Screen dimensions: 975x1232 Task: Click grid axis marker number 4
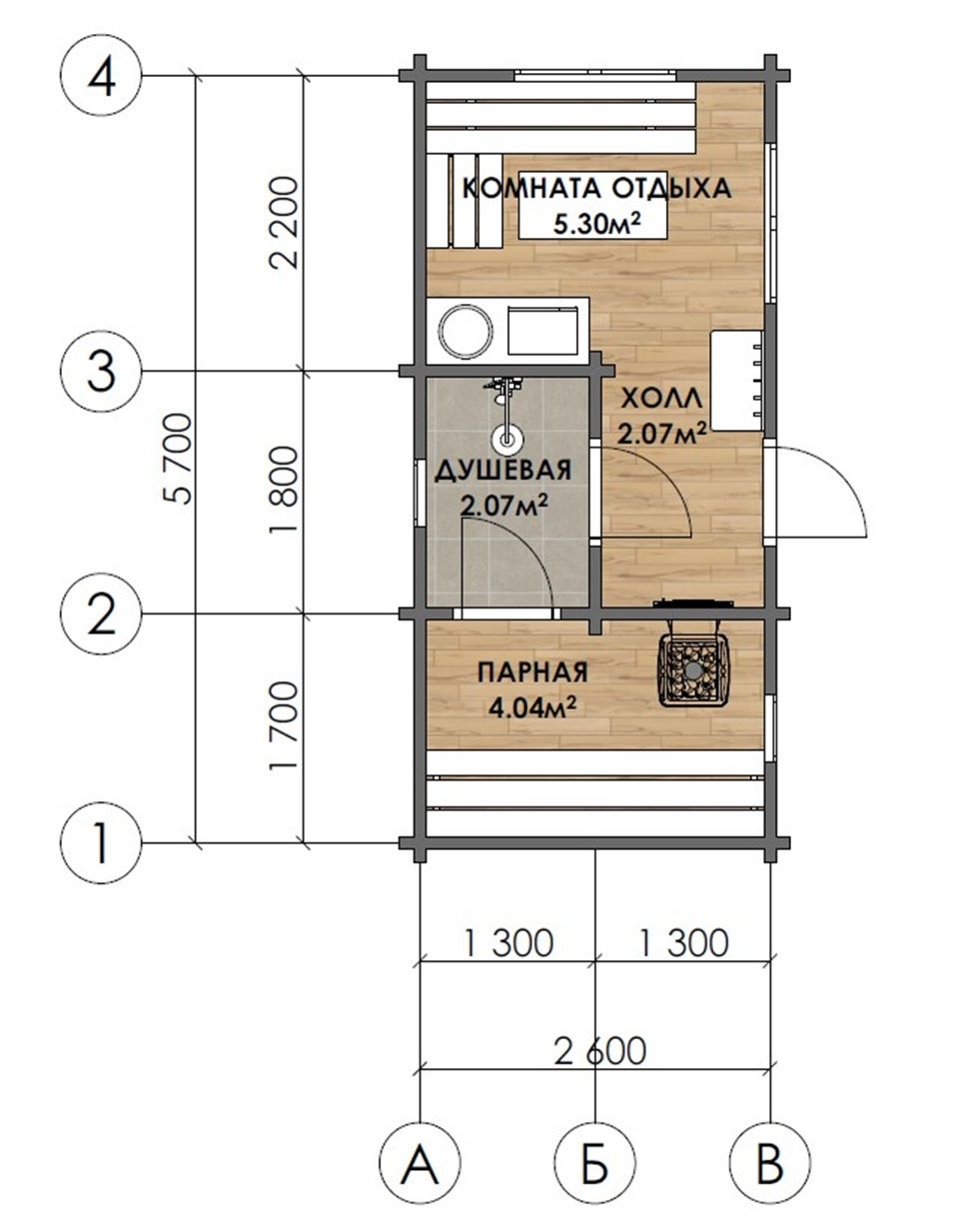coord(101,76)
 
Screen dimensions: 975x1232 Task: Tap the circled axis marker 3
coord(101,371)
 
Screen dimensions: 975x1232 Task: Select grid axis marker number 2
coord(101,615)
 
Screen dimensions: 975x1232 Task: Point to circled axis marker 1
coord(101,843)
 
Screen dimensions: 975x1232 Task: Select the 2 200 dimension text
coord(284,223)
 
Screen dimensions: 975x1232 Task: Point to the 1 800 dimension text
coord(284,491)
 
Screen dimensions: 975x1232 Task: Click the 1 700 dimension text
coord(284,726)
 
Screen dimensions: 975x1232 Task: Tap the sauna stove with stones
coord(692,667)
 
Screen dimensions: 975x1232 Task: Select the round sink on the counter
coord(466,331)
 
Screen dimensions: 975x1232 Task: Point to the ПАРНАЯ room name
coord(532,671)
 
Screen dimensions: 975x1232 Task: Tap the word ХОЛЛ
coord(661,398)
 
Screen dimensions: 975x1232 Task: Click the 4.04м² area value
coord(531,708)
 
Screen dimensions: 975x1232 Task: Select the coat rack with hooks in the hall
coord(737,381)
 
